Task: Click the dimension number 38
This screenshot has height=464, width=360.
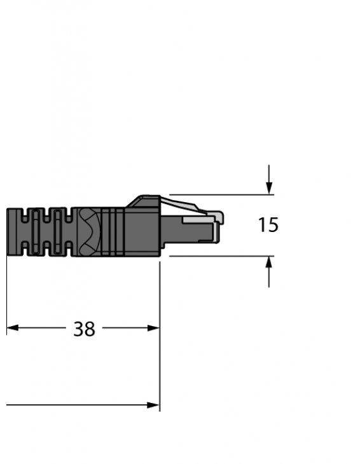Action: pyautogui.click(x=84, y=329)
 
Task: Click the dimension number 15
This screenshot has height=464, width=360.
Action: pyautogui.click(x=268, y=225)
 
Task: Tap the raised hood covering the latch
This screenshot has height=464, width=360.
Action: pyautogui.click(x=143, y=202)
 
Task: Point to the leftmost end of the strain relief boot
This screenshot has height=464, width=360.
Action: pyautogui.click(x=9, y=231)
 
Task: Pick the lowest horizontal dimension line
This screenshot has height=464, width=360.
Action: pyautogui.click(x=76, y=405)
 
